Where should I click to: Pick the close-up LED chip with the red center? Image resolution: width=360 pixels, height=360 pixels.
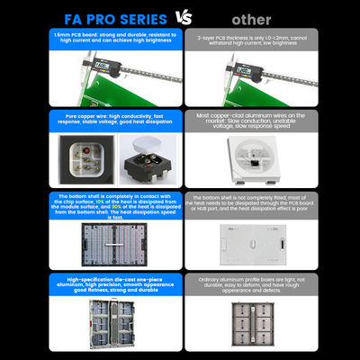(x=77, y=158)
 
